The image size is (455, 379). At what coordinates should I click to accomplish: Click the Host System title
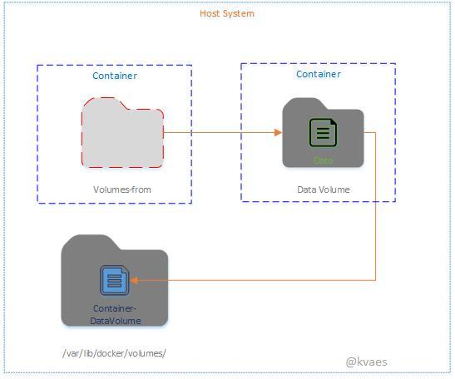[227, 13]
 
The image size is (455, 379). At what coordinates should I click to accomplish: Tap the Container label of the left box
[115, 76]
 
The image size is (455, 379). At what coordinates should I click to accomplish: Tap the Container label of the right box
[319, 74]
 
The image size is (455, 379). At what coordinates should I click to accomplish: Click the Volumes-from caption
[122, 190]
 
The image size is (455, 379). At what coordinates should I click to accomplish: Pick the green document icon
[324, 133]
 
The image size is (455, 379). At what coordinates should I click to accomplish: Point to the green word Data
[324, 160]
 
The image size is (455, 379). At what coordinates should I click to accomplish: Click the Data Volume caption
[324, 189]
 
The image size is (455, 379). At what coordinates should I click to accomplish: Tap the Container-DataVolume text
[116, 314]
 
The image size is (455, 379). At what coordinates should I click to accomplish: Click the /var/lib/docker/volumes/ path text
[115, 352]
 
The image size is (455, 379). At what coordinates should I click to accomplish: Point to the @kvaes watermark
[367, 362]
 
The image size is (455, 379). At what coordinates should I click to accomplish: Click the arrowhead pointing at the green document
[279, 132]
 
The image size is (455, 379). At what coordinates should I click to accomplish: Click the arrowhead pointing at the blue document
[135, 280]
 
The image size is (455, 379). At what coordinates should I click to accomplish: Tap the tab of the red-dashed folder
[103, 104]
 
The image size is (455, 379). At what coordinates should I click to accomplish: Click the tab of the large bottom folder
[88, 243]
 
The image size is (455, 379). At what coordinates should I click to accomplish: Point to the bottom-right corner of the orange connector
[376, 280]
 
